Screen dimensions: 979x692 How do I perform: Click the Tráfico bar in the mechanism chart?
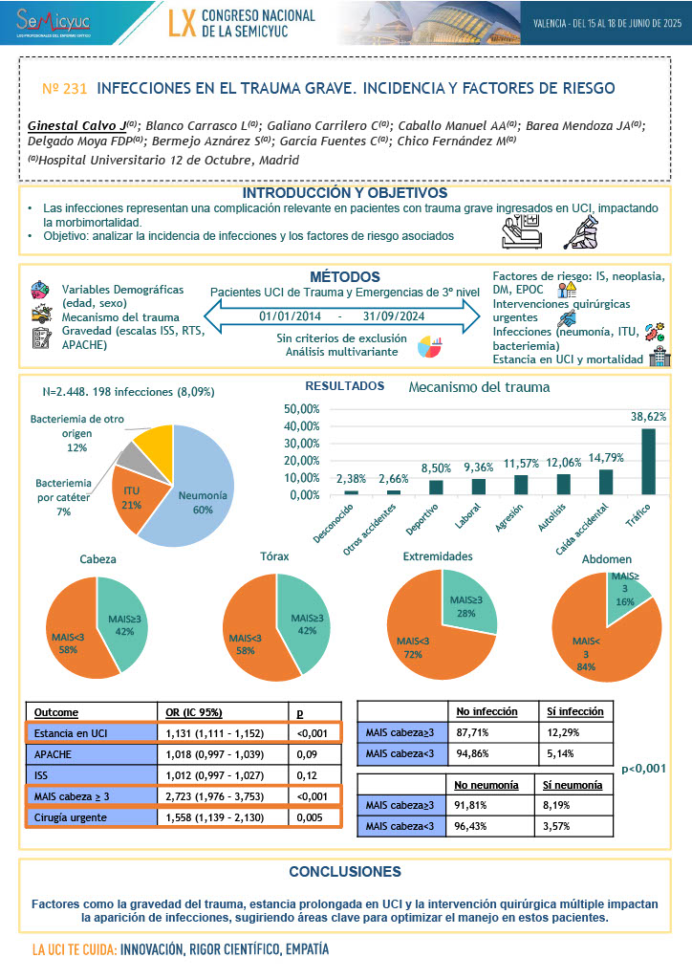tap(649, 461)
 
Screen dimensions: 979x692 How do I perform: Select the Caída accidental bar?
tap(606, 482)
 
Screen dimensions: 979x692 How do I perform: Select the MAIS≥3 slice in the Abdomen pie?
tap(627, 590)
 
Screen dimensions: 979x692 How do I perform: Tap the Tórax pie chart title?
tap(275, 555)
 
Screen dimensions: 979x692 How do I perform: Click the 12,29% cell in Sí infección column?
tap(573, 732)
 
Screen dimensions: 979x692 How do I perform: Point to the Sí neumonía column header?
tap(573, 785)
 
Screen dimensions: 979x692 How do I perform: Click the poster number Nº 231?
tap(65, 88)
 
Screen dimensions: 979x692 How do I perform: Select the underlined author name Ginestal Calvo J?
tap(76, 125)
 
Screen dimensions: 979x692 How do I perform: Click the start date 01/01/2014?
tap(289, 316)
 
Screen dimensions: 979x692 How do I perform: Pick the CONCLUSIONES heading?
tap(345, 871)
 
